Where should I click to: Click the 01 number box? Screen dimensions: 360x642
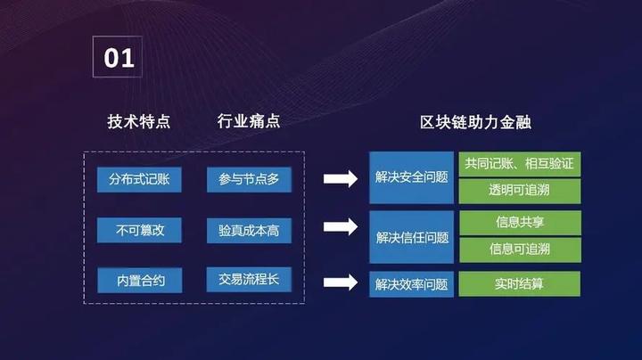coord(119,59)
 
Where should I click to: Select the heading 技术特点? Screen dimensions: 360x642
coord(138,121)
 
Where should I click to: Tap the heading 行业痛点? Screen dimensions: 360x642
coord(249,121)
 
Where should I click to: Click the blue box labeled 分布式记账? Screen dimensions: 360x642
coord(139,179)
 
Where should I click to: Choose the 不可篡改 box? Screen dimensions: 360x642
coord(139,231)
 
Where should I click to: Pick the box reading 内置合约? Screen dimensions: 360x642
coord(139,281)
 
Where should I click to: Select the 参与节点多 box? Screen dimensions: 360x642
coord(249,179)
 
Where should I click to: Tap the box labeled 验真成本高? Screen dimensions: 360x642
coord(249,231)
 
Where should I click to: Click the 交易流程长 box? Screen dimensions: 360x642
coord(249,281)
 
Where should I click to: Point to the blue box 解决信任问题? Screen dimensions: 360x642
coord(412,237)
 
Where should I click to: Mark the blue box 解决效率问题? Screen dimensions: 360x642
coord(412,284)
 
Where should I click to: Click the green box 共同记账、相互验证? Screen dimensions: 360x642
coord(519,165)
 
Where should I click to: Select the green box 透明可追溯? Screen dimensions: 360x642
coord(519,191)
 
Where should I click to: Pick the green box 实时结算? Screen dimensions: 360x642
coord(519,284)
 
